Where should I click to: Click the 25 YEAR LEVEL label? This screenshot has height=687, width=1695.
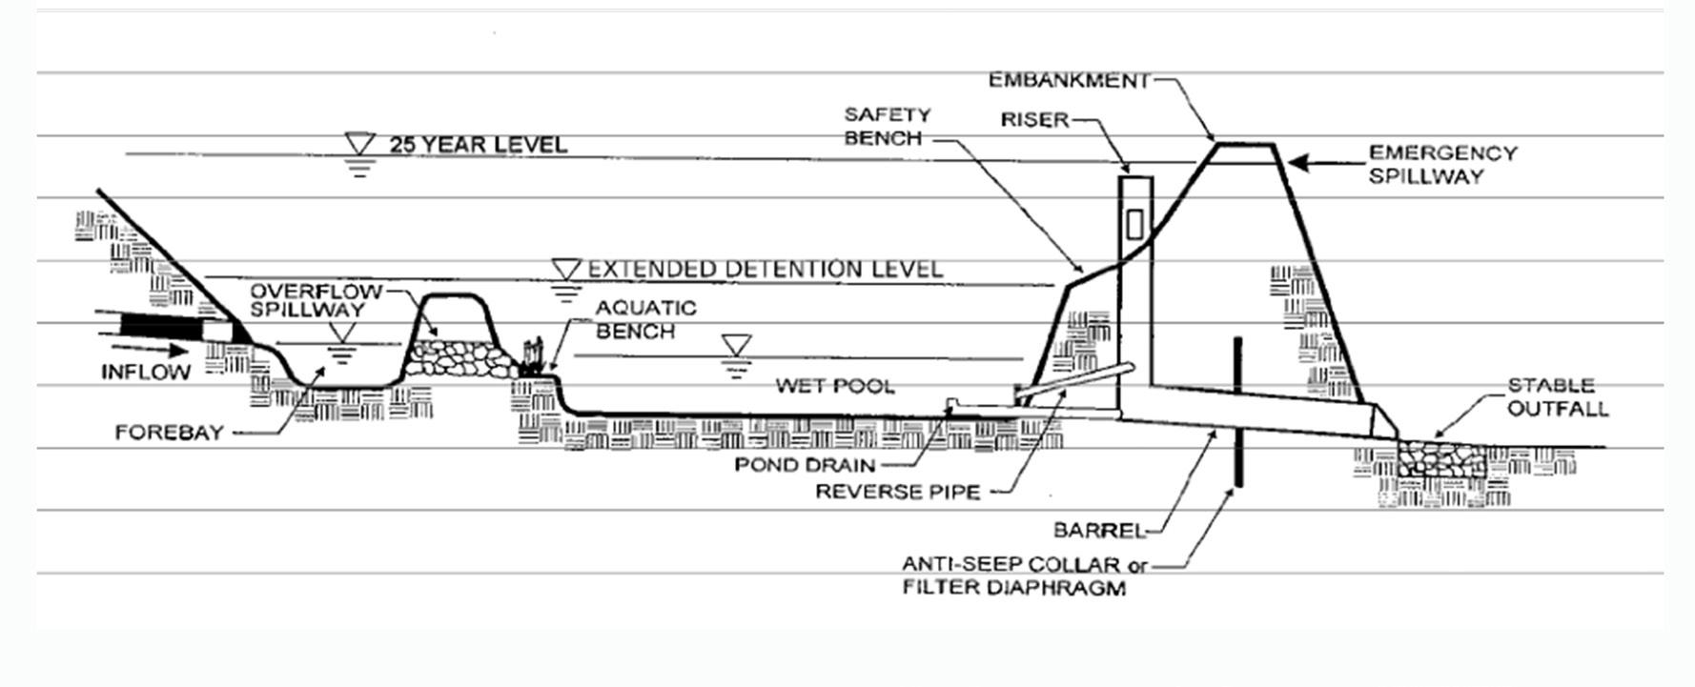[x=478, y=145]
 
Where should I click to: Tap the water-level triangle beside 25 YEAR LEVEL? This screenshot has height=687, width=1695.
[x=360, y=145]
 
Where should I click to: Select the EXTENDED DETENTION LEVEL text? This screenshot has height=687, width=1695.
[x=765, y=269]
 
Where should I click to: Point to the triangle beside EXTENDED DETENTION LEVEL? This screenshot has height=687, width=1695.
[x=567, y=268]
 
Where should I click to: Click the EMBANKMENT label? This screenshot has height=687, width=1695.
[x=1069, y=80]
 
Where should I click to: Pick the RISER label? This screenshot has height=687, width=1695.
[x=1034, y=120]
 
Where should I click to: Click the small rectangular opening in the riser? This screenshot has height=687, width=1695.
[x=1134, y=225]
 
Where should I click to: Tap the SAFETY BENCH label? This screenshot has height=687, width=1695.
[x=887, y=126]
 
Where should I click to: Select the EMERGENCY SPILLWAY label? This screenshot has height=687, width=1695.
[x=1441, y=164]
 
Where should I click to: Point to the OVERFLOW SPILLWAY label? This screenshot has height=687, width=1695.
[x=315, y=299]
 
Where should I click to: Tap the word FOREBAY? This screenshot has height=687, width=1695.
[x=169, y=433]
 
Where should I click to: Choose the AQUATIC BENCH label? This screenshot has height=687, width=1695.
[x=645, y=319]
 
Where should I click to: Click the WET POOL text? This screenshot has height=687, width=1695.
[x=834, y=386]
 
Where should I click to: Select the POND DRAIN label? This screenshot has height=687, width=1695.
[x=805, y=465]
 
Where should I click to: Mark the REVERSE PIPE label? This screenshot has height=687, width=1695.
[x=897, y=492]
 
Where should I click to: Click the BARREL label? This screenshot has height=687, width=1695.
[x=1097, y=530]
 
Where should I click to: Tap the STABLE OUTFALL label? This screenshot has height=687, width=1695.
[x=1557, y=397]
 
